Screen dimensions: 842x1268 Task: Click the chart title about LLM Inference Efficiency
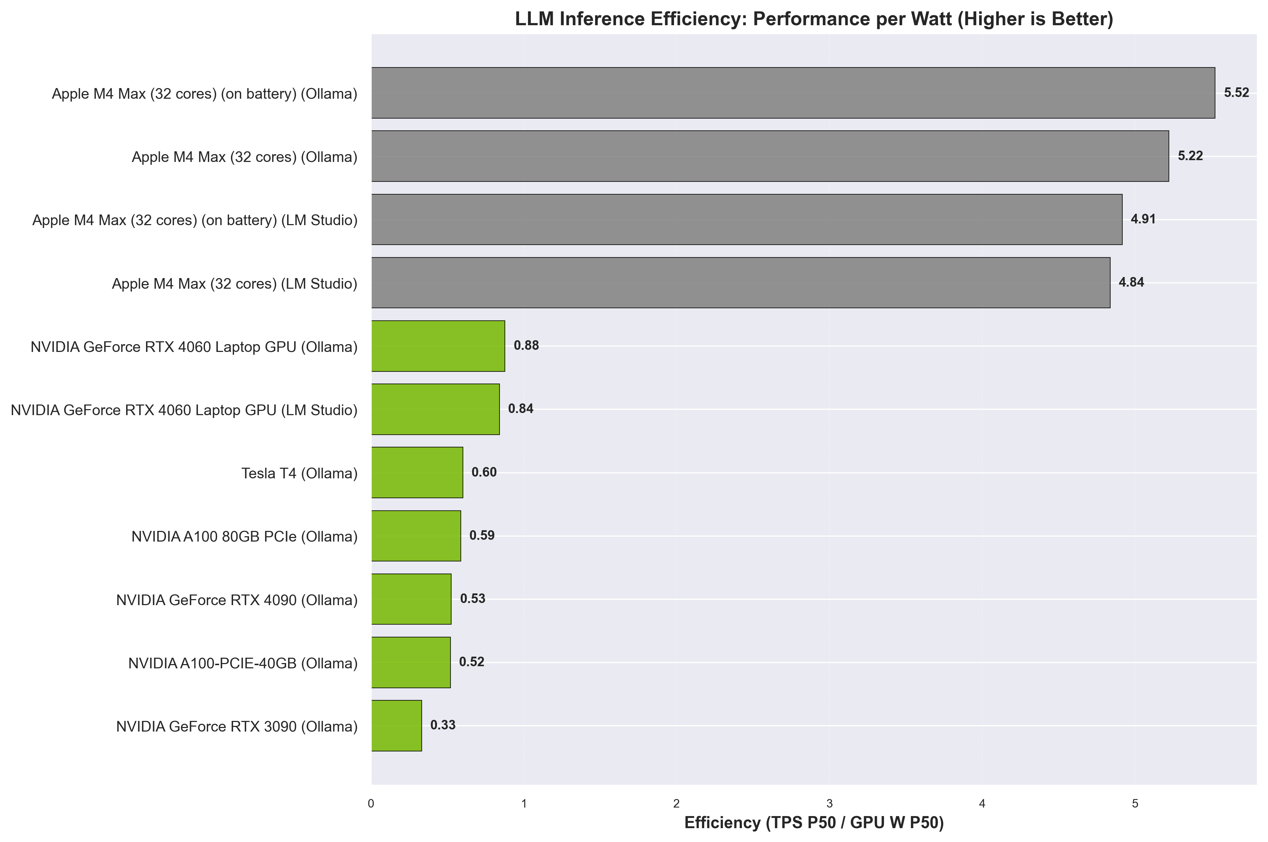click(x=814, y=19)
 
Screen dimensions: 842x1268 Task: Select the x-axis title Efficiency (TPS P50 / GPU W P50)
click(x=814, y=823)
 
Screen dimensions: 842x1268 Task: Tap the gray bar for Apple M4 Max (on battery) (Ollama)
click(x=793, y=93)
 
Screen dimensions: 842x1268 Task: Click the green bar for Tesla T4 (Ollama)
click(x=417, y=473)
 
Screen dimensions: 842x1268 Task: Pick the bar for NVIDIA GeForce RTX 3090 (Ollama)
click(x=396, y=726)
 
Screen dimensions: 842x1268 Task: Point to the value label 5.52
click(x=1236, y=93)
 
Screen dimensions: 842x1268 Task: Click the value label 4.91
click(x=1143, y=219)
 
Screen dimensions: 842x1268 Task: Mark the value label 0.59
click(x=482, y=536)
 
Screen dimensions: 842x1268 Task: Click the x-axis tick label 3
click(x=829, y=804)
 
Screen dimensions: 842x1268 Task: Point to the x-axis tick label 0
click(x=371, y=804)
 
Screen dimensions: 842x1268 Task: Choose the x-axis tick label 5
click(x=1135, y=804)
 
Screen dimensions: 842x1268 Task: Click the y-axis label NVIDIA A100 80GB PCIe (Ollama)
click(x=244, y=537)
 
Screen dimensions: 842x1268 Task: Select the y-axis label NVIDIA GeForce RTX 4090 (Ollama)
click(x=237, y=600)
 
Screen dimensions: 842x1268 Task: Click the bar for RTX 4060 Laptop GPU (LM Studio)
click(x=435, y=409)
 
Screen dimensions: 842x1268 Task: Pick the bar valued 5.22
click(x=770, y=156)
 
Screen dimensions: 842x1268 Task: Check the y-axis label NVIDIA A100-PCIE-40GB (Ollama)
click(x=243, y=663)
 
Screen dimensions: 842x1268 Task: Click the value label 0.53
click(x=473, y=599)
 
